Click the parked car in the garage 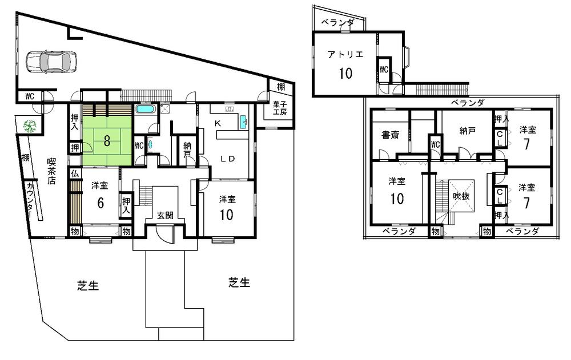pyautogui.click(x=51, y=62)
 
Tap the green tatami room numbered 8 pyautogui.click(x=107, y=135)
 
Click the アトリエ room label pyautogui.click(x=344, y=55)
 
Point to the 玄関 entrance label pyautogui.click(x=166, y=215)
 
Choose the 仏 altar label pyautogui.click(x=74, y=173)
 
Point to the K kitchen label pyautogui.click(x=217, y=123)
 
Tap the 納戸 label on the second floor pyautogui.click(x=467, y=131)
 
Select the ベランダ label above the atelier pyautogui.click(x=337, y=23)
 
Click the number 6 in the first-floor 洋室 pyautogui.click(x=100, y=204)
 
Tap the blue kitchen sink pyautogui.click(x=244, y=122)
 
